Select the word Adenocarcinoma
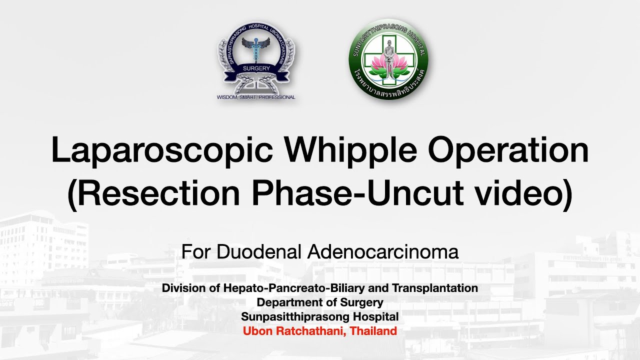tap(383, 252)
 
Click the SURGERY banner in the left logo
tap(256, 68)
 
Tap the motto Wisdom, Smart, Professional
tap(256, 97)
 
